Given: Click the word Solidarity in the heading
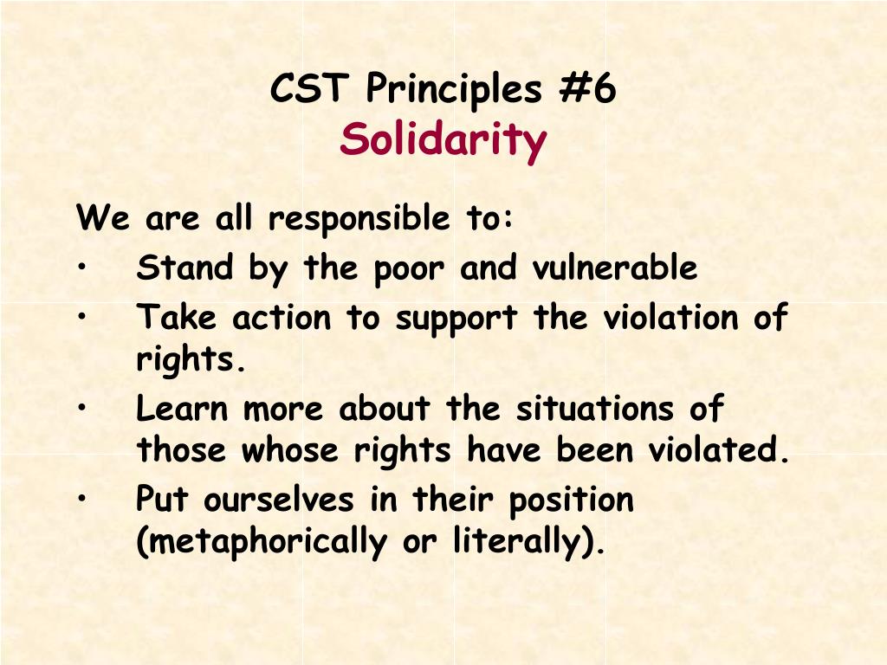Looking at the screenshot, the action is tap(443, 140).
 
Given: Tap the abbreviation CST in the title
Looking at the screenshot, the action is tap(308, 89).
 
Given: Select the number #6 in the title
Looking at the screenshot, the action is tap(588, 89).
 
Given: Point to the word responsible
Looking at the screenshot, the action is tap(359, 219).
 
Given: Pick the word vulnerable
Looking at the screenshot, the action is tap(615, 267).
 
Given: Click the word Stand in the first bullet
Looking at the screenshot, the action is tap(185, 267).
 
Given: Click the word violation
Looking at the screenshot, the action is tap(670, 317).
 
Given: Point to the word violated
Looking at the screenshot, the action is tap(718, 450).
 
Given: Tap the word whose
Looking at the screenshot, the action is tap(289, 450).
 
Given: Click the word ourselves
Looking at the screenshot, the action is tap(279, 500).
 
